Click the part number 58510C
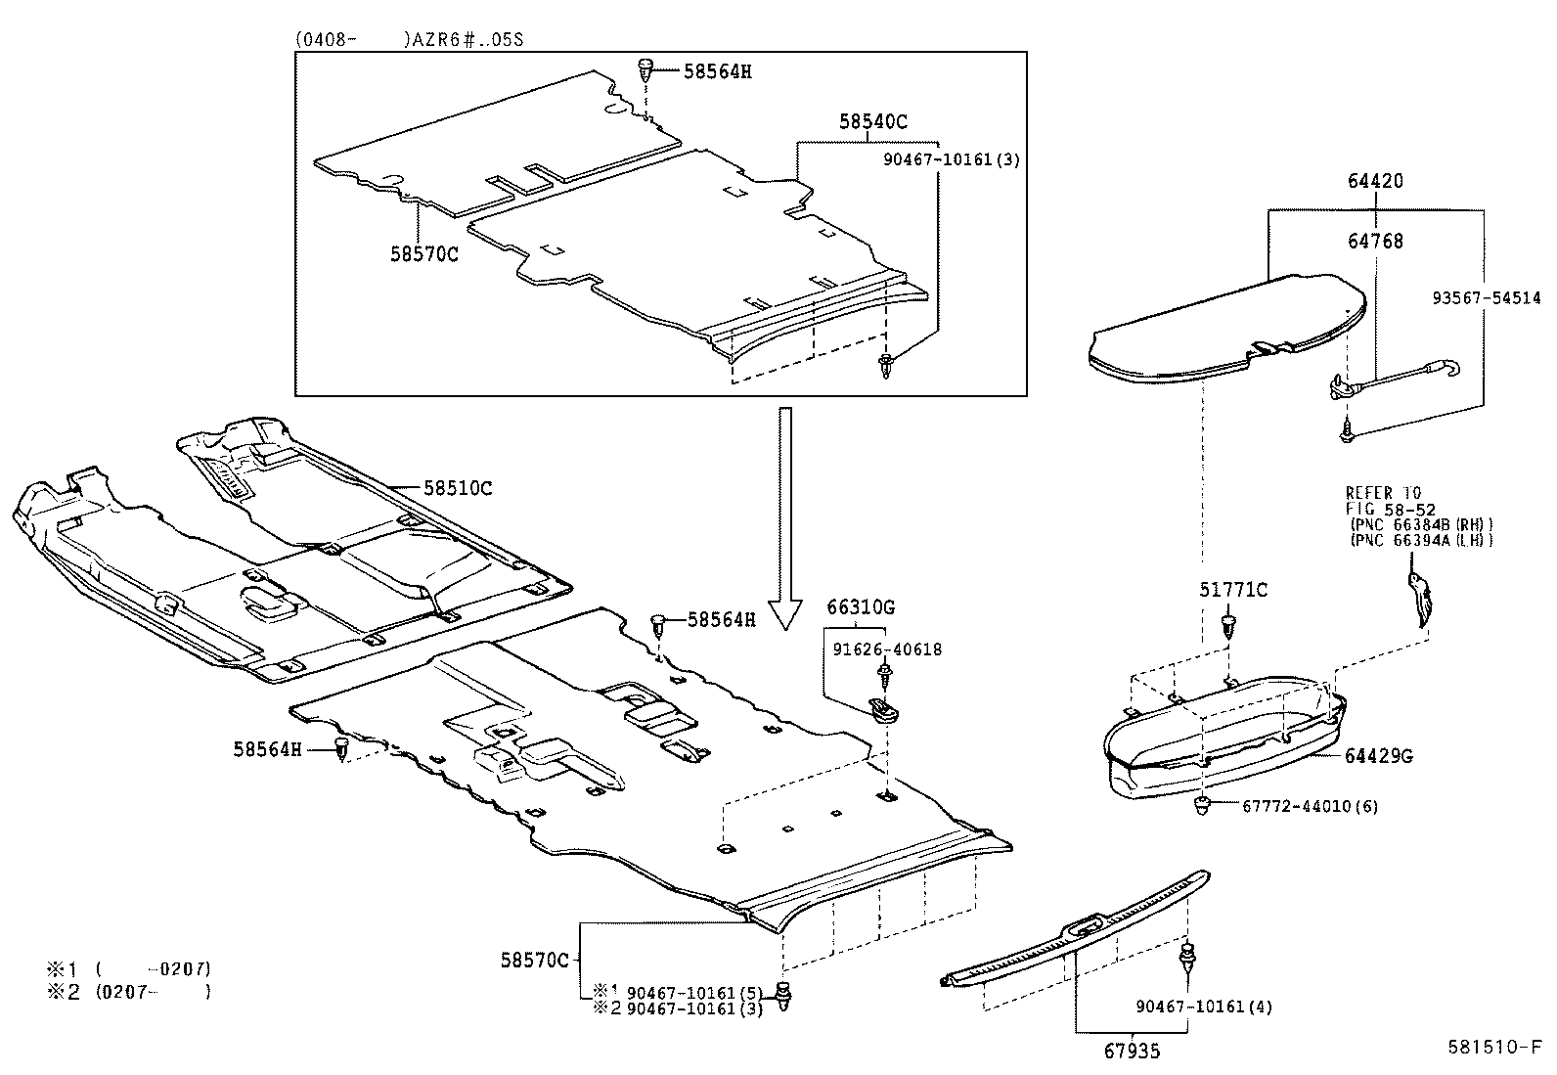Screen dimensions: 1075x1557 [x=458, y=487]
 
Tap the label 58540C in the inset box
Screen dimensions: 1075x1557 [x=872, y=122]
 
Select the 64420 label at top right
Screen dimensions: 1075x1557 [x=1374, y=181]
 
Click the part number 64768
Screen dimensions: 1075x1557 [x=1374, y=241]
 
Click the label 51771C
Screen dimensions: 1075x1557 [x=1233, y=590]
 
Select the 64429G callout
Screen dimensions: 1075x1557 [x=1378, y=756]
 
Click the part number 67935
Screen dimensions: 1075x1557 [x=1134, y=1052]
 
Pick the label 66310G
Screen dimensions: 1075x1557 [x=861, y=607]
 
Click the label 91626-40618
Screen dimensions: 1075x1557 [x=887, y=649]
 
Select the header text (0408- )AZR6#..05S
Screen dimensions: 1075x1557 [x=412, y=40]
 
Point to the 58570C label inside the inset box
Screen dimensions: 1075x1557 [x=423, y=253]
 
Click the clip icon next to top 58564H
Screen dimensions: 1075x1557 [x=646, y=69]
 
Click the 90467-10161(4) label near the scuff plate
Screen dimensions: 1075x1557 [x=1204, y=1006]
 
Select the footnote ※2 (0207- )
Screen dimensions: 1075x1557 [x=127, y=991]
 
